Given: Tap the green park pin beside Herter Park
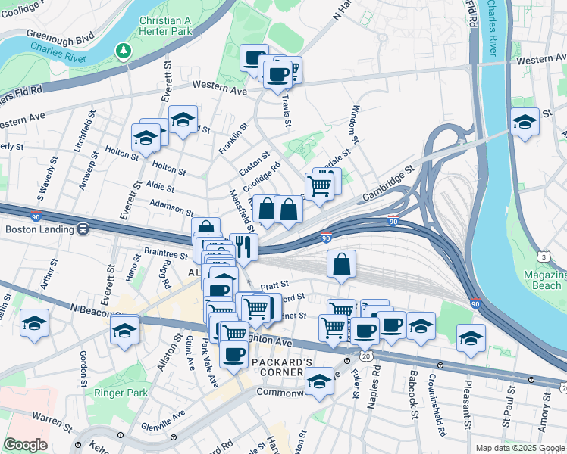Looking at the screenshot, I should [124, 51].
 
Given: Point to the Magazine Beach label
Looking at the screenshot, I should [542, 279].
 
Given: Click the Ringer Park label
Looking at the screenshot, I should [121, 393].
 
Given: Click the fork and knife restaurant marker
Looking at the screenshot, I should [243, 246].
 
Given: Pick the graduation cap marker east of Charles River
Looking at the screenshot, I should [525, 122].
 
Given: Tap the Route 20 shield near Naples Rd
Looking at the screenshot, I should [367, 355].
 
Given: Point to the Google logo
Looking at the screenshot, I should [25, 445].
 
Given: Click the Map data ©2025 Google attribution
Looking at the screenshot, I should [519, 448].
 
